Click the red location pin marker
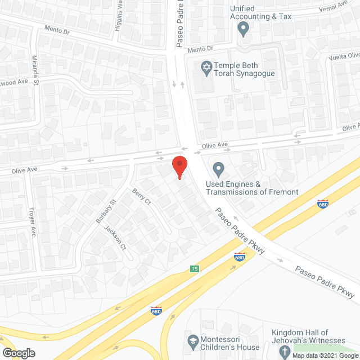pyautogui.click(x=179, y=166)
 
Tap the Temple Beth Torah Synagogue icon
pyautogui.click(x=206, y=67)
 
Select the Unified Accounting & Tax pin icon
pyautogui.click(x=244, y=28)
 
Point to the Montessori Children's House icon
pyautogui.click(x=192, y=341)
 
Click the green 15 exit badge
pyautogui.click(x=194, y=269)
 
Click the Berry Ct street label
pyautogui.click(x=142, y=197)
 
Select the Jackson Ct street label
pyautogui.click(x=119, y=240)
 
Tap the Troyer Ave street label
pyautogui.click(x=33, y=222)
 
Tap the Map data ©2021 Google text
pyautogui.click(x=327, y=355)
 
